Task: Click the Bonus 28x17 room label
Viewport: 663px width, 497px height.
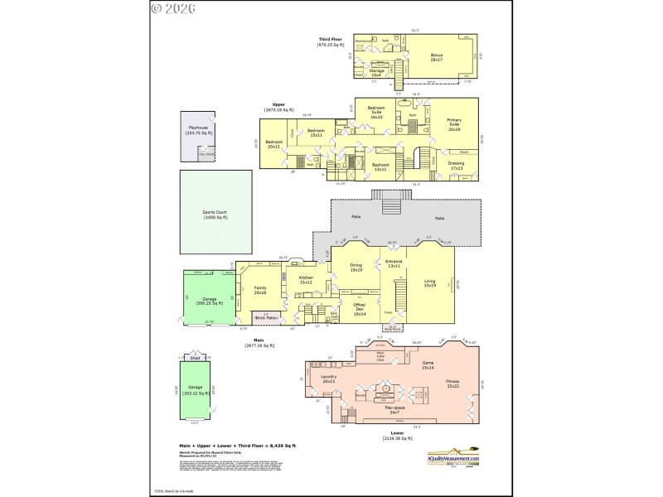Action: click(436, 57)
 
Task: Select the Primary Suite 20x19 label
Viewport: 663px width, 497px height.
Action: click(454, 125)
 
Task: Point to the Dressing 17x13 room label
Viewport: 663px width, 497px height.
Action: click(456, 165)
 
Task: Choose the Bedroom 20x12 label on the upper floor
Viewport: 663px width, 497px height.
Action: click(273, 145)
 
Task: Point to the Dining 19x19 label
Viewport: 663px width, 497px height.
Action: click(357, 268)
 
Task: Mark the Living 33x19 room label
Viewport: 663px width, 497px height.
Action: click(429, 283)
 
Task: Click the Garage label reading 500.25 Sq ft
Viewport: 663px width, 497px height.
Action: click(206, 302)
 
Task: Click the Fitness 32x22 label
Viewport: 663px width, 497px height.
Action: click(453, 384)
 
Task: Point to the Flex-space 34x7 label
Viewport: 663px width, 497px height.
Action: click(393, 409)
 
